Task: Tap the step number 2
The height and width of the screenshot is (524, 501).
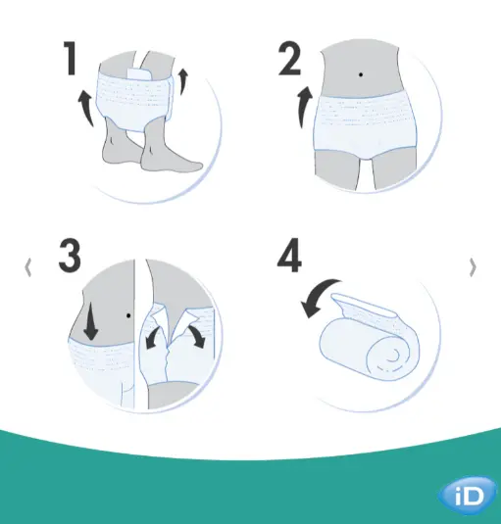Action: click(x=290, y=60)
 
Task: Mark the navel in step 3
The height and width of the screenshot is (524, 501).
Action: click(x=129, y=315)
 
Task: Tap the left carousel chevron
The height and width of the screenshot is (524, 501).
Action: click(x=27, y=265)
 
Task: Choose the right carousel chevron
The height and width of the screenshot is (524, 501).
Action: click(x=474, y=265)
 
